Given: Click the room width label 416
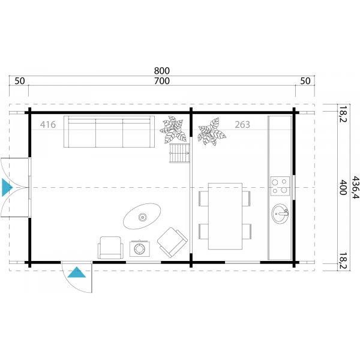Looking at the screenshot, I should point(48,125).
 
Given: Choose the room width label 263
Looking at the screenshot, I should point(242,125).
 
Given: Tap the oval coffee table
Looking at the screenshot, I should point(142,215).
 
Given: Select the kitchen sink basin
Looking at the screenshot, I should point(280,213).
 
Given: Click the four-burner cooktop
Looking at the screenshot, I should point(279,186).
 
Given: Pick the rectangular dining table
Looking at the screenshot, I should point(225,216).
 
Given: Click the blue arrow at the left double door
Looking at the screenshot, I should point(7,187).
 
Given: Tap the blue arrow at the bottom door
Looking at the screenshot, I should point(77,273).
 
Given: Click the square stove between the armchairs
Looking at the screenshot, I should point(140,248).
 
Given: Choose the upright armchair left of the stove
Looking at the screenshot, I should point(110,247).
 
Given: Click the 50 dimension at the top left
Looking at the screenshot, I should point(19,81).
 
